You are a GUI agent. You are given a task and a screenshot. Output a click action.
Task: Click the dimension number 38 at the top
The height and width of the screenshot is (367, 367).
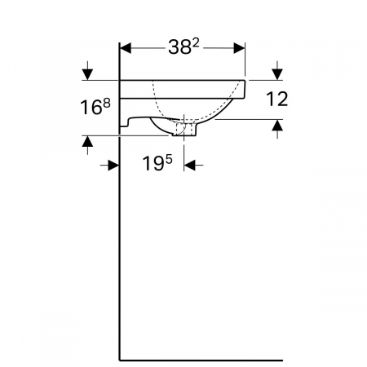pyautogui.click(x=179, y=47)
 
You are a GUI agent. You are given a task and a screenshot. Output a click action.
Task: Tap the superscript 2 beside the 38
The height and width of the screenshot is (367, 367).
pyautogui.click(x=196, y=43)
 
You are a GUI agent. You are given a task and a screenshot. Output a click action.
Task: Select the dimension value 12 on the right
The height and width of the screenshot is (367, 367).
pyautogui.click(x=276, y=99)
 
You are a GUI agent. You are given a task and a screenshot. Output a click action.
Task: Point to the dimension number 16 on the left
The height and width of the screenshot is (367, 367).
pyautogui.click(x=91, y=107)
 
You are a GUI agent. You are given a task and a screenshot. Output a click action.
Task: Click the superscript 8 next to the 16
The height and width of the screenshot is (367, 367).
pyautogui.click(x=107, y=104)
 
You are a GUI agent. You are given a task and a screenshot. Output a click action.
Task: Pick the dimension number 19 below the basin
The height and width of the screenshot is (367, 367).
pyautogui.click(x=153, y=164)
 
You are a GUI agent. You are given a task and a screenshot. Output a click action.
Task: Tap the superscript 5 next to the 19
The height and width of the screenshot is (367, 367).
pyautogui.click(x=169, y=160)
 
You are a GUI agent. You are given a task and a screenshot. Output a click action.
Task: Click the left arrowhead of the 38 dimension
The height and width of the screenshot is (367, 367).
pyautogui.click(x=126, y=48)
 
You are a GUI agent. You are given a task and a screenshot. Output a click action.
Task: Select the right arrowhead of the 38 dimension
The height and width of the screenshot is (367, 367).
pyautogui.click(x=239, y=48)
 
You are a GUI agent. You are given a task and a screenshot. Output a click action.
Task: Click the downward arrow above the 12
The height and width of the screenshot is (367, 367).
pyautogui.click(x=277, y=71)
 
